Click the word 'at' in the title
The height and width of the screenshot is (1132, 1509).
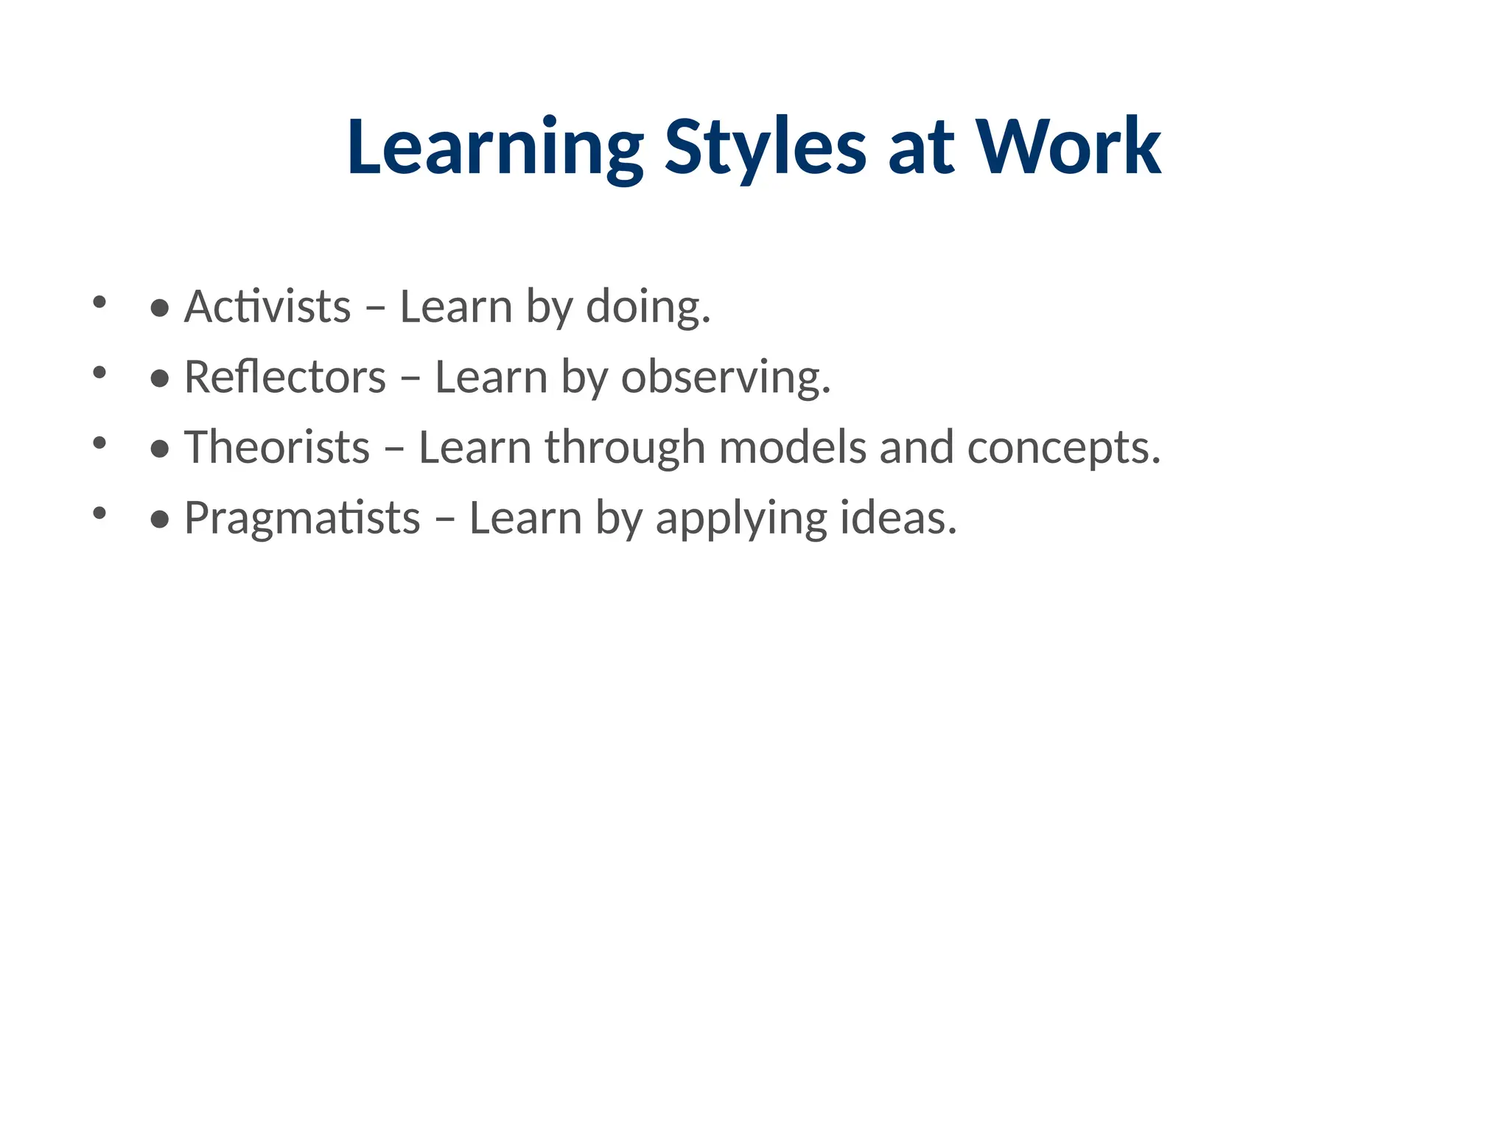(x=921, y=149)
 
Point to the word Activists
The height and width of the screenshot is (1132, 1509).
(x=267, y=306)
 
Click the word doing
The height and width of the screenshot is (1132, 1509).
(x=648, y=306)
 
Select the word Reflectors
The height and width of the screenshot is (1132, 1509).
(x=285, y=377)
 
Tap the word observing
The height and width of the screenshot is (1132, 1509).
(x=726, y=377)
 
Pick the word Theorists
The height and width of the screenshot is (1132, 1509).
(x=276, y=447)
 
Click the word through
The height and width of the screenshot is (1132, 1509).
(x=625, y=447)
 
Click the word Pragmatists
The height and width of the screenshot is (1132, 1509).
(x=302, y=518)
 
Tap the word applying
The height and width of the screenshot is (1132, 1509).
(x=741, y=518)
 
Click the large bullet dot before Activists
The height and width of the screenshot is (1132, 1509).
(x=160, y=309)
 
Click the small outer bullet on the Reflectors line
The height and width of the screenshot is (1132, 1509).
(x=99, y=372)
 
